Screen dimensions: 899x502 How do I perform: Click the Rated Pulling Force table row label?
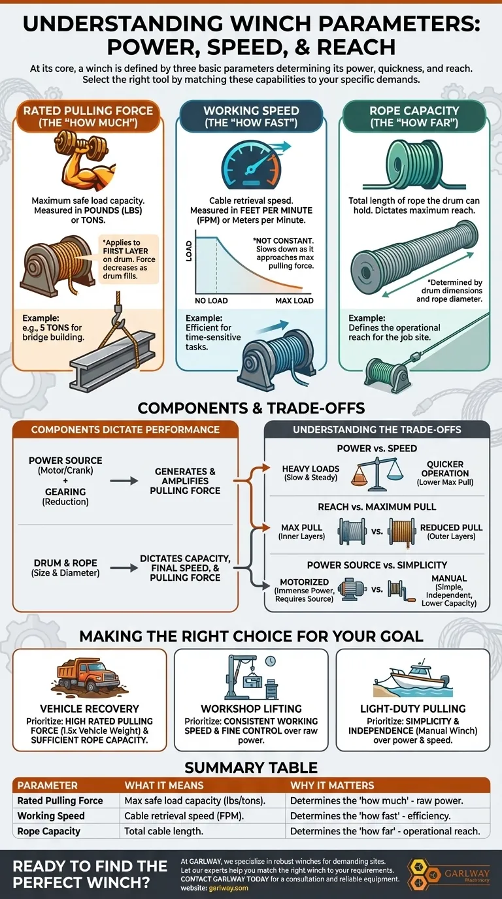click(60, 800)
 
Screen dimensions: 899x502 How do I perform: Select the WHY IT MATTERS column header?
click(332, 785)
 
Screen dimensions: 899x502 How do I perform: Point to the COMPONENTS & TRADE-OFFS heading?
click(251, 410)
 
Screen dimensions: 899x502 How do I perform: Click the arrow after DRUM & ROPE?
click(119, 568)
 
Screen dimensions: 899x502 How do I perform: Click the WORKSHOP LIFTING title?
click(251, 708)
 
